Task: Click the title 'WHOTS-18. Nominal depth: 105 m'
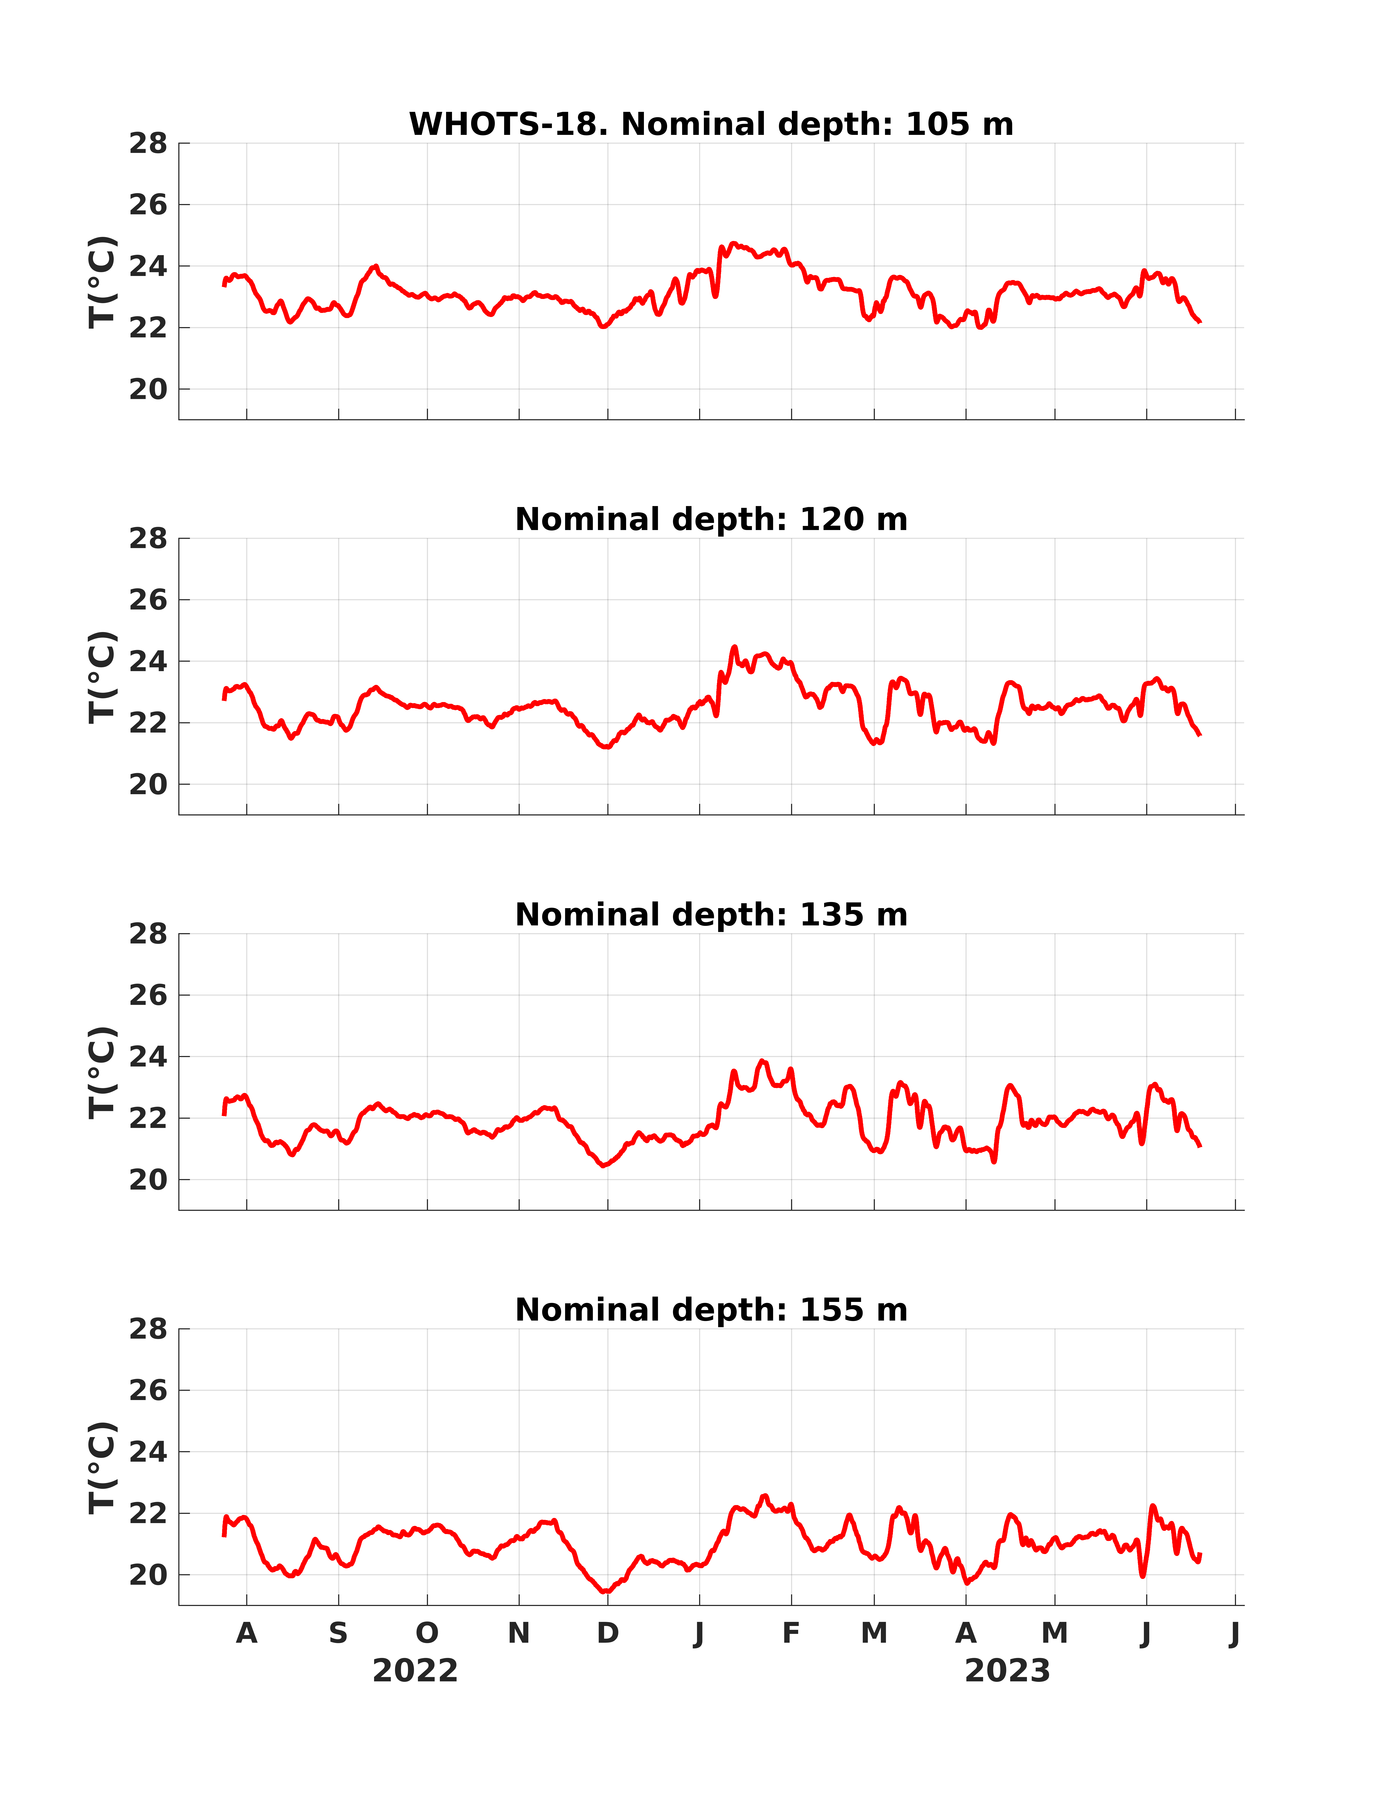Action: coord(711,124)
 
